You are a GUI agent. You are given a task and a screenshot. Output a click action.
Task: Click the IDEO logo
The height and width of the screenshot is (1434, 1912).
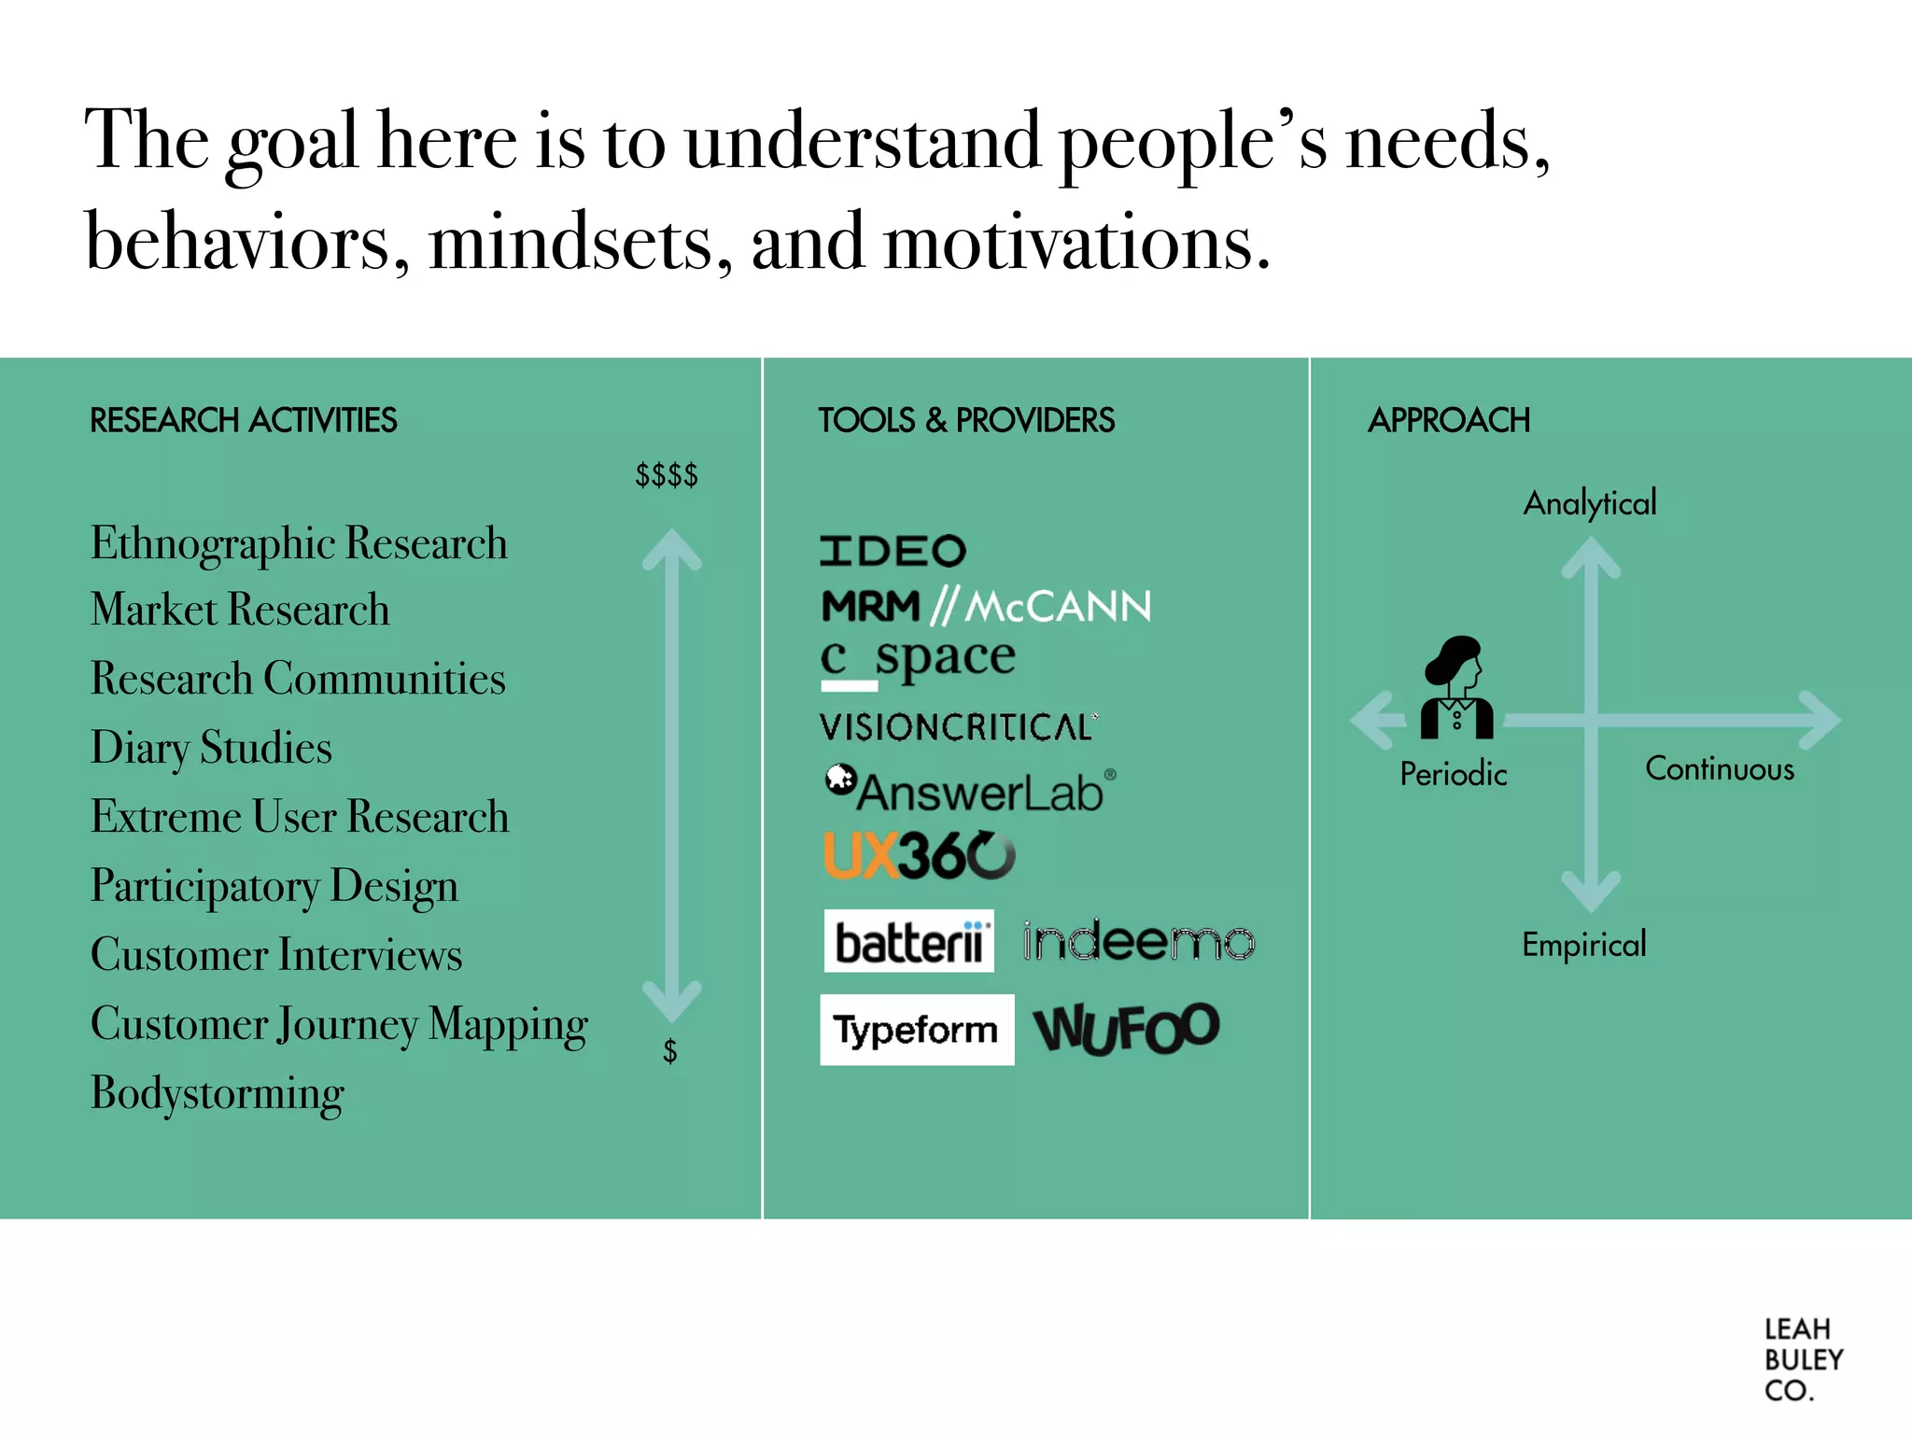click(x=893, y=551)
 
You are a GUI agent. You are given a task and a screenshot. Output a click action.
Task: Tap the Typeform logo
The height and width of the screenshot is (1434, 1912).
click(x=916, y=1030)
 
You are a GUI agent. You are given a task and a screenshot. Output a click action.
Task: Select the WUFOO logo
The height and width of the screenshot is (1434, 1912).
click(x=1127, y=1029)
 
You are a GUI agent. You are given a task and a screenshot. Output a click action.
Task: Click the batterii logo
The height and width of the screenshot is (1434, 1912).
click(x=908, y=941)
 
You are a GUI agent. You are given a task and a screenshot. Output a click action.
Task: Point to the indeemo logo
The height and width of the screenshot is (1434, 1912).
click(x=1138, y=941)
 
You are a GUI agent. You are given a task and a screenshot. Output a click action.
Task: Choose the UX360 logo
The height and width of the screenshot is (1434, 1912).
click(x=919, y=855)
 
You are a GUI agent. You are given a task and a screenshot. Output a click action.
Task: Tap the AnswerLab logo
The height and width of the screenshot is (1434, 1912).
click(x=971, y=790)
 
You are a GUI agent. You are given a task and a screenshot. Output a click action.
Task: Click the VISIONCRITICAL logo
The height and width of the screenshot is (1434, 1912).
click(x=958, y=727)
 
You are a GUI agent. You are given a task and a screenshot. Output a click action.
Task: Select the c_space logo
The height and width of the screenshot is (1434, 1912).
click(x=918, y=660)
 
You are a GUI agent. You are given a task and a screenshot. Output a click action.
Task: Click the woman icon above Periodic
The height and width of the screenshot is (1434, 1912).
click(x=1455, y=687)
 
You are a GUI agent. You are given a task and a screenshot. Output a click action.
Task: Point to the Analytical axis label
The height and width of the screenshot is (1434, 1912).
click(x=1590, y=503)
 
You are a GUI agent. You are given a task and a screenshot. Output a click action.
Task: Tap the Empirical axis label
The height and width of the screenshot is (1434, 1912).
click(x=1583, y=945)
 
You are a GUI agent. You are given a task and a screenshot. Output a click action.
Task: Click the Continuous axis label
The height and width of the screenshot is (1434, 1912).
click(x=1719, y=769)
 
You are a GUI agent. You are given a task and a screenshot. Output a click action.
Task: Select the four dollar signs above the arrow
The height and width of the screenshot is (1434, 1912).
click(x=667, y=475)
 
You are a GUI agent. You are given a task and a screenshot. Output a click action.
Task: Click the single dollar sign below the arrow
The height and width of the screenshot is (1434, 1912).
click(x=669, y=1052)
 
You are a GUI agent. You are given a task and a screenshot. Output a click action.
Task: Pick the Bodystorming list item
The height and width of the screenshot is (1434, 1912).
click(x=218, y=1093)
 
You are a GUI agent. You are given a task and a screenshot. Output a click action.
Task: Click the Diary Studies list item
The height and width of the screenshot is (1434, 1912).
click(x=211, y=748)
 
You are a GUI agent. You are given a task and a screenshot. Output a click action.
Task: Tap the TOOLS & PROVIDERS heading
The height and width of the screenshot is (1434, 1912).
click(x=966, y=421)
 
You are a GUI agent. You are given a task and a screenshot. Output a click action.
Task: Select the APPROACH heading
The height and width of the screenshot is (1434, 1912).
click(x=1448, y=421)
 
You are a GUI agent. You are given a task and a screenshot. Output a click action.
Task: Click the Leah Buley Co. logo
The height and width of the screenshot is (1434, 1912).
click(x=1802, y=1359)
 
